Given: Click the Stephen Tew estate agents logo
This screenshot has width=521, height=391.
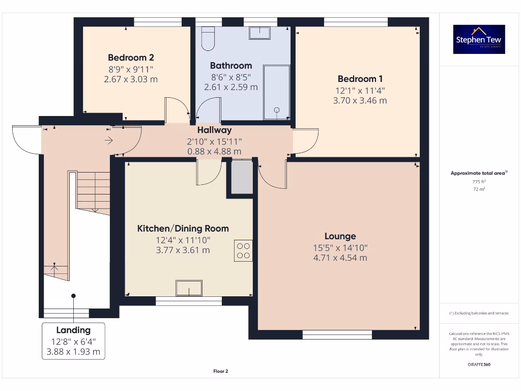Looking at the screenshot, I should (x=479, y=39).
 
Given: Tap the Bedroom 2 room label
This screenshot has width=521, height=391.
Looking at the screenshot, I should (x=131, y=58).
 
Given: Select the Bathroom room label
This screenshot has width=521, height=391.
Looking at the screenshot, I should (x=230, y=66).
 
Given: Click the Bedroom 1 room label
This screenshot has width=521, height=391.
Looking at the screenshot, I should (x=360, y=79).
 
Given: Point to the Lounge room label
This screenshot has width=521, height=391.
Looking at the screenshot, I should (x=340, y=236).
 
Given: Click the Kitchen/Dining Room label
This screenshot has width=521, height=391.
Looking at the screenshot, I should (x=183, y=229).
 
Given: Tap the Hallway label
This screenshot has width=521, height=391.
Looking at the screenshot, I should (x=214, y=130).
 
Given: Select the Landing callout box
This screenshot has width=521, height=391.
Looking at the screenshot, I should (x=73, y=341).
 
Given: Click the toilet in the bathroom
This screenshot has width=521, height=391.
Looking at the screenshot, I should (x=208, y=38).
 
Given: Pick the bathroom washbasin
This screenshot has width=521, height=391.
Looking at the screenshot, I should (x=263, y=33).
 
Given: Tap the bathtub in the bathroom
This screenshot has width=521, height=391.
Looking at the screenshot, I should (x=277, y=91).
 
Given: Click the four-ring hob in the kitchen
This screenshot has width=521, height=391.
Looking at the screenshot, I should (x=243, y=250).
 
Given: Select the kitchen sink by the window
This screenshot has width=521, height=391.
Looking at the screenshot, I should (x=189, y=288).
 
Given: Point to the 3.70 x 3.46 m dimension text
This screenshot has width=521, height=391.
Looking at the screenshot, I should (x=360, y=101).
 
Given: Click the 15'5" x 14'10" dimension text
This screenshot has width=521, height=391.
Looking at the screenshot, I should (x=340, y=247).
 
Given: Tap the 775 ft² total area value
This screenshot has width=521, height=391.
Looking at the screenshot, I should (x=479, y=181).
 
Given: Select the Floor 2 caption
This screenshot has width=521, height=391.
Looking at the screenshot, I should (x=220, y=371).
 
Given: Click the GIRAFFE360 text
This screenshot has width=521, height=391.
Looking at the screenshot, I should (x=479, y=365).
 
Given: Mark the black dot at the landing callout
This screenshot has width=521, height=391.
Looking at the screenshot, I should (x=73, y=296).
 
